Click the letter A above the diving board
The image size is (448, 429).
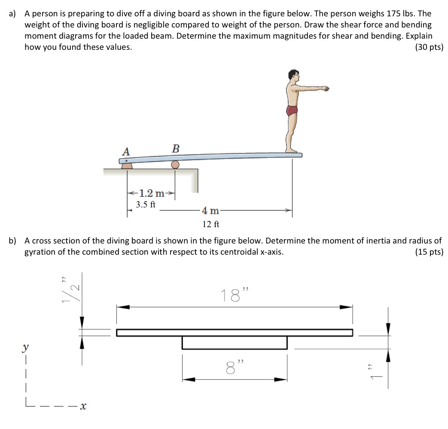tap(126, 151)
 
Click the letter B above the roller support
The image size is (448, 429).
tap(176, 149)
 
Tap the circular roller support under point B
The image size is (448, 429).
tap(175, 164)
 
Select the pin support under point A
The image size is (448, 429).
tap(126, 165)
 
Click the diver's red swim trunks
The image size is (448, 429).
tap(292, 110)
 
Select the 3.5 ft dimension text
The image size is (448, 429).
tap(146, 204)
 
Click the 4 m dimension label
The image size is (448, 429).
tap(210, 210)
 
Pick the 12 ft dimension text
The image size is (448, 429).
tap(211, 224)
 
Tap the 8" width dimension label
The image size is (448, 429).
tap(235, 367)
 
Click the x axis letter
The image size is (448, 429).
tap(83, 405)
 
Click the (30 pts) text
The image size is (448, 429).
tap(429, 47)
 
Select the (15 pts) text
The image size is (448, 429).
tap(429, 252)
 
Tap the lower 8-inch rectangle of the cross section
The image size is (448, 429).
tap(235, 343)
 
